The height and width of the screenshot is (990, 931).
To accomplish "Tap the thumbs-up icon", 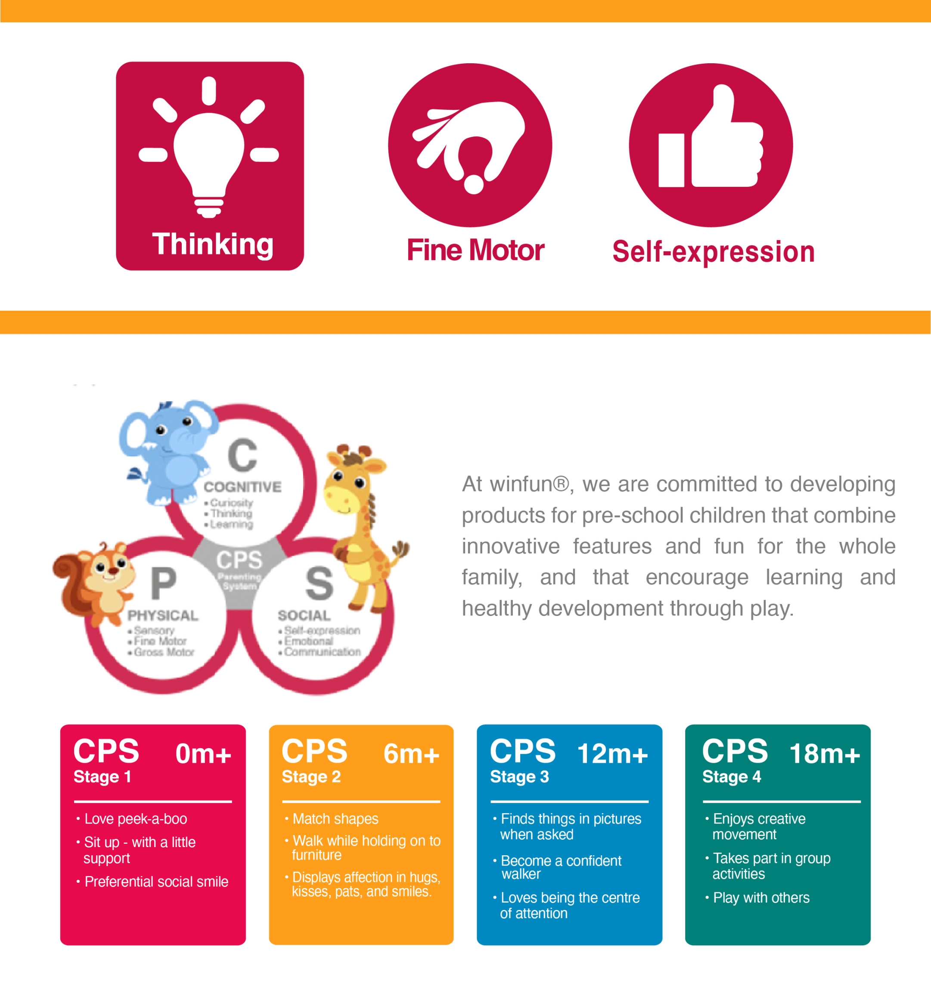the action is tap(711, 136).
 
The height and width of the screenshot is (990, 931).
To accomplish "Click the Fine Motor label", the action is tap(475, 250).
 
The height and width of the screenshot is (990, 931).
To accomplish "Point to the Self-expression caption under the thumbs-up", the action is tap(713, 252).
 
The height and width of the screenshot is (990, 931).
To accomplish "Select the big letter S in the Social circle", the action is tap(319, 583).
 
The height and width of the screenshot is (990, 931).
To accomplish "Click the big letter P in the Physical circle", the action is tap(163, 583).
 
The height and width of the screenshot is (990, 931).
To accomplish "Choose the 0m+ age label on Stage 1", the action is tap(203, 753).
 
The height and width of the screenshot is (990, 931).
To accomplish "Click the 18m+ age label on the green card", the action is tap(825, 753).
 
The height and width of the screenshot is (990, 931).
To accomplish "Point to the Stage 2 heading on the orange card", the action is tap(311, 777).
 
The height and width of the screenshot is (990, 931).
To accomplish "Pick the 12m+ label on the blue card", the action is tap(613, 753).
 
